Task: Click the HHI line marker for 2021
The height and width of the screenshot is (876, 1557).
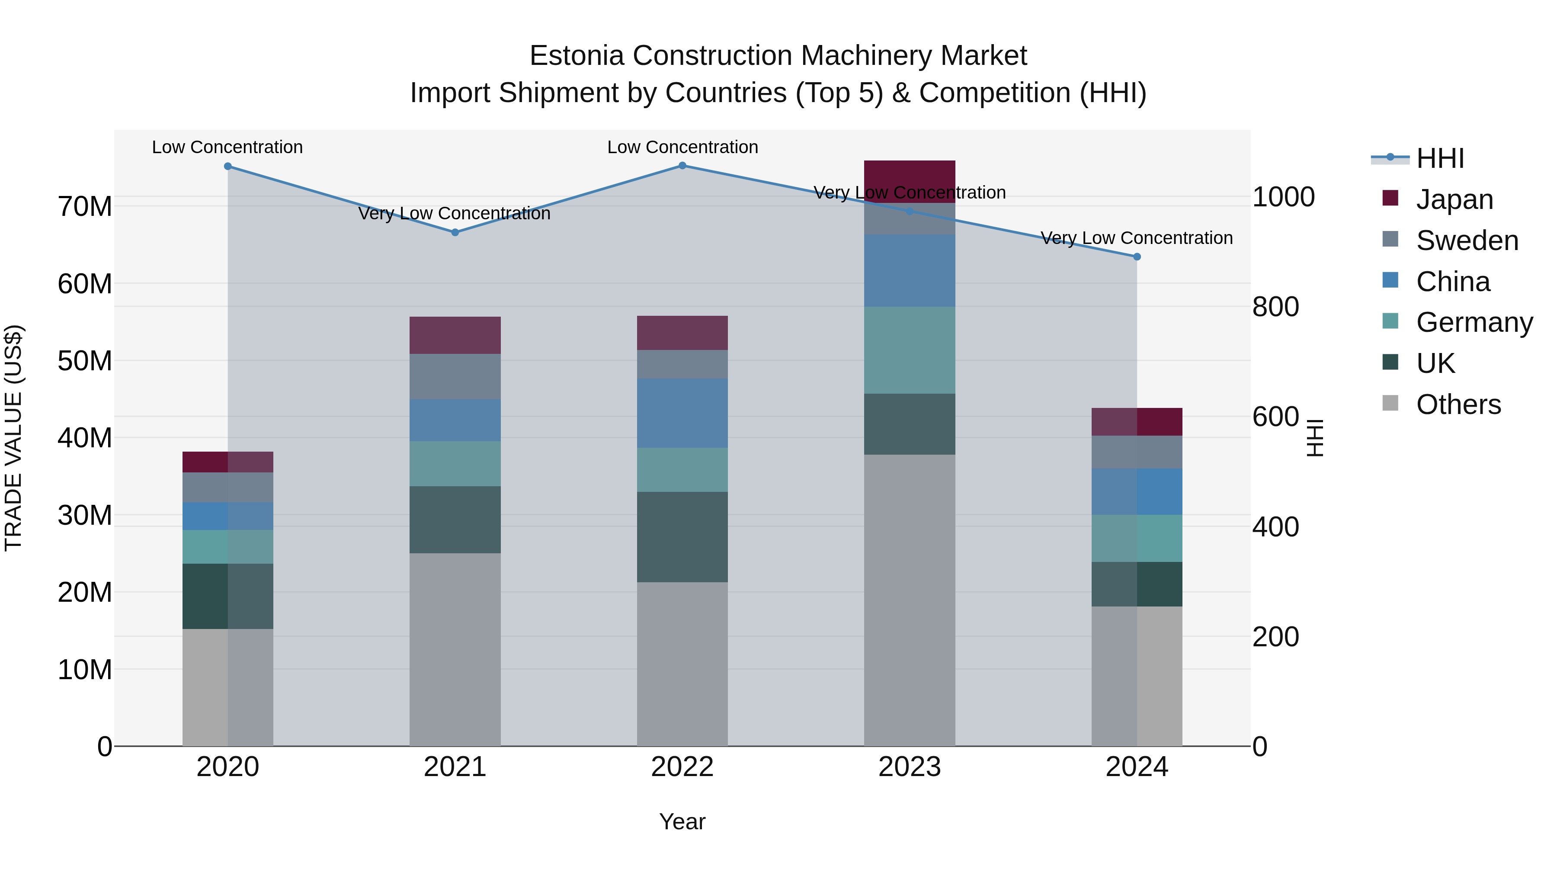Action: point(455,232)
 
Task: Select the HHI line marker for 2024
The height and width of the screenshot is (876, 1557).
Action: point(1136,257)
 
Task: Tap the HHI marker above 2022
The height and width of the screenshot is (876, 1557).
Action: point(682,166)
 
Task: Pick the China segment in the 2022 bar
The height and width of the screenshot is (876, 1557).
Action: point(682,413)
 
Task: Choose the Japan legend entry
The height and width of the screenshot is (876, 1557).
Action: point(1454,199)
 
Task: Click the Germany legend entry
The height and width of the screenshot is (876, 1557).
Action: point(1474,322)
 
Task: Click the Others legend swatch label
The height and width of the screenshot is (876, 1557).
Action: point(1458,404)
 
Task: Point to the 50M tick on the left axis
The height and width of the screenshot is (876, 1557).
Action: point(85,361)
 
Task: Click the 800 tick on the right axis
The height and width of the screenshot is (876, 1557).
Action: point(1275,307)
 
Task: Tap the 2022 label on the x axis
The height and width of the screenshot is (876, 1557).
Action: point(682,767)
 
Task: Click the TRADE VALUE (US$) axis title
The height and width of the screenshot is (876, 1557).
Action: point(13,438)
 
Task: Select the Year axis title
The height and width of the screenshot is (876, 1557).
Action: point(682,821)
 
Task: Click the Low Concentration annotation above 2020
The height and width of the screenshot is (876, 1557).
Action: point(227,147)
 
